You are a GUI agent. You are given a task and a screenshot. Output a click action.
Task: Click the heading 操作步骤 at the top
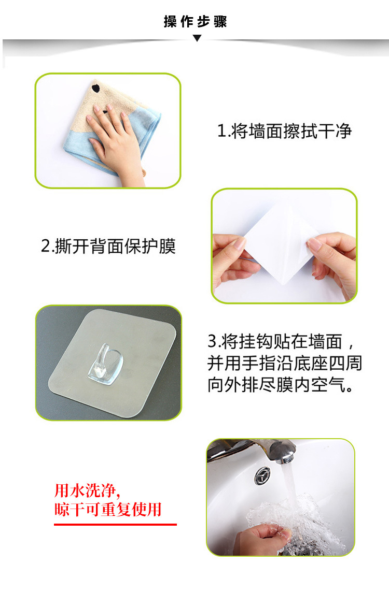(x=195, y=21)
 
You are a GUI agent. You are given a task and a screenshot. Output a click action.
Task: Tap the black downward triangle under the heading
(x=197, y=38)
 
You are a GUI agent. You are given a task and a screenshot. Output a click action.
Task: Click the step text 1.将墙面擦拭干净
(x=284, y=131)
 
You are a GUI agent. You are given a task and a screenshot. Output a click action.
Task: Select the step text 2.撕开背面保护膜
(x=108, y=246)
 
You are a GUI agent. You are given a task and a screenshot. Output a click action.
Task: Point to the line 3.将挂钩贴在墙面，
(x=281, y=341)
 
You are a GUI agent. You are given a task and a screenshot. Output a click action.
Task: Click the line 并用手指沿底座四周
(x=284, y=363)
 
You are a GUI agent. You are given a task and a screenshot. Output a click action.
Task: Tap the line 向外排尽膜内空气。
(x=281, y=385)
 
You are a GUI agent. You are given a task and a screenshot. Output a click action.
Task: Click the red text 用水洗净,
(x=87, y=490)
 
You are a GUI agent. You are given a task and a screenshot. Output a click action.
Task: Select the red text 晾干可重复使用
(x=108, y=510)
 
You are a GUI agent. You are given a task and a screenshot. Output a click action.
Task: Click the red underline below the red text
(x=115, y=525)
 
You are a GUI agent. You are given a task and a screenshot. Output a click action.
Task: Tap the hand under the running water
(x=261, y=537)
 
